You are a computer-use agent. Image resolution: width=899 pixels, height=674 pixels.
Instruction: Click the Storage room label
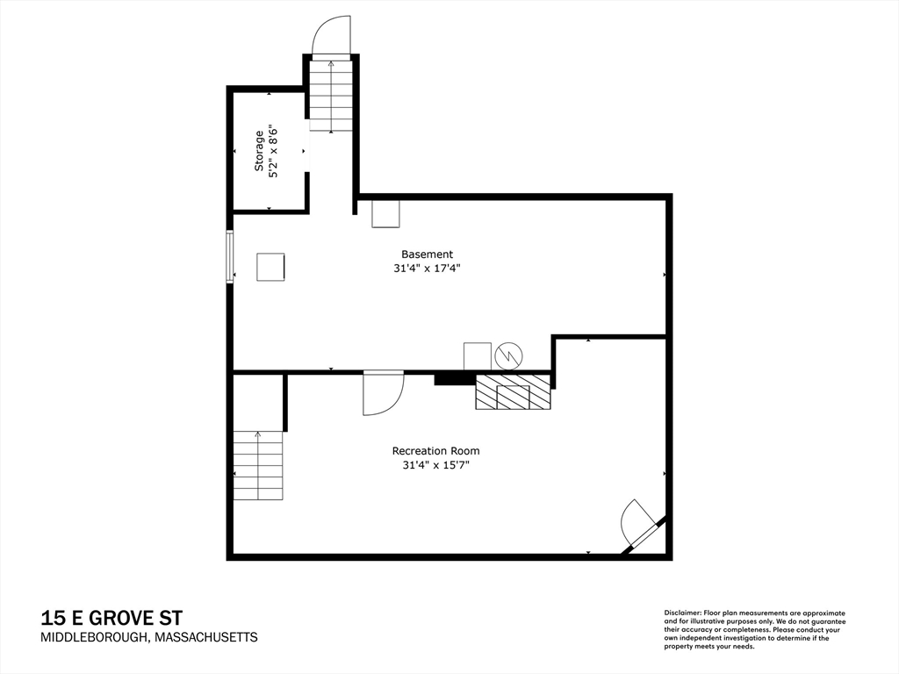(259, 151)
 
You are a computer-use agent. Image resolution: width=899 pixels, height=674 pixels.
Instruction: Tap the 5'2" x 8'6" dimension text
(274, 151)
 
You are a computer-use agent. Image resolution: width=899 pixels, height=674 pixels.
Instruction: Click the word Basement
(428, 254)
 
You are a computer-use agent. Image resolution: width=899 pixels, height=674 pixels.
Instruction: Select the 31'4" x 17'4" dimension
(428, 268)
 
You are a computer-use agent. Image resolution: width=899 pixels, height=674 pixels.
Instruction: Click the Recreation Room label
(435, 451)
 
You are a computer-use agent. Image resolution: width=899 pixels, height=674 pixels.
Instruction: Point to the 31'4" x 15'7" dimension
(435, 465)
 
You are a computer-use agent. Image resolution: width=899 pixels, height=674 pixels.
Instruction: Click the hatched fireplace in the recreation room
(513, 392)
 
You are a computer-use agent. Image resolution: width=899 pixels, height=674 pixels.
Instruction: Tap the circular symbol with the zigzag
(508, 356)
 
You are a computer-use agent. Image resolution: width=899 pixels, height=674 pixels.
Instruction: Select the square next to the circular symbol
(477, 356)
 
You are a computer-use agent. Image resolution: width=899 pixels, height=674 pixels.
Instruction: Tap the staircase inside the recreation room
(258, 466)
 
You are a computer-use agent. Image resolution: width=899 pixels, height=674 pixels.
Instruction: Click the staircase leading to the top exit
(331, 96)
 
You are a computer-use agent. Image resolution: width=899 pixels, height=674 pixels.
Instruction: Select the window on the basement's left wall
(230, 257)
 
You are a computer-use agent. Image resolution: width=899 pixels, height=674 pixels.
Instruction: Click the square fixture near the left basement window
(270, 268)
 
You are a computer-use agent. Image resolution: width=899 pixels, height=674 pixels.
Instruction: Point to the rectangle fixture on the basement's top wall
(385, 214)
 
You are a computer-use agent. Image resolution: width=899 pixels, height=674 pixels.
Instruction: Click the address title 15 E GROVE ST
(111, 618)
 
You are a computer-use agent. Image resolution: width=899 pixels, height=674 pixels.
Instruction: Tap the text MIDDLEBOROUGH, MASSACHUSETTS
(149, 637)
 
